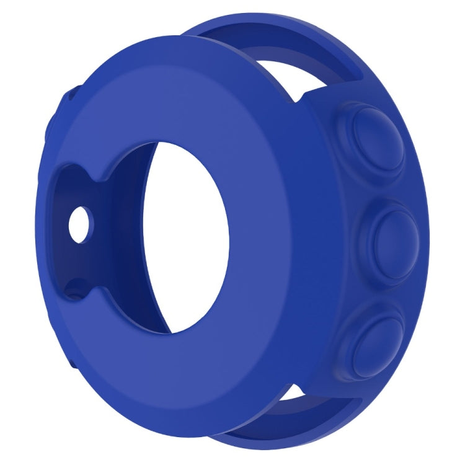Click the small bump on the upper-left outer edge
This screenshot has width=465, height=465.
click(68, 99)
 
